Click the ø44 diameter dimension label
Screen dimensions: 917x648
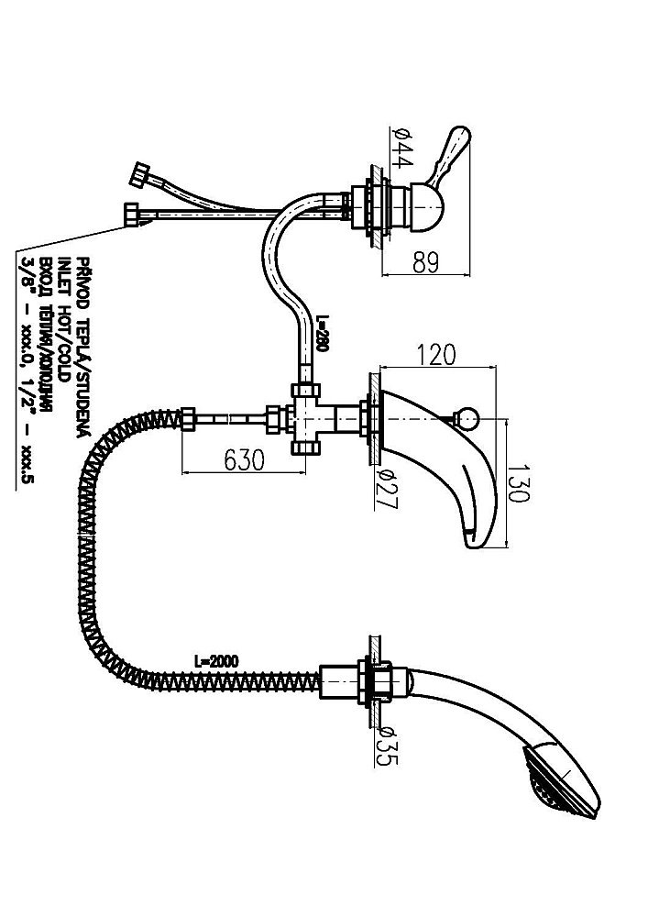click(401, 148)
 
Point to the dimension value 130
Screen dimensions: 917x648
click(519, 482)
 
